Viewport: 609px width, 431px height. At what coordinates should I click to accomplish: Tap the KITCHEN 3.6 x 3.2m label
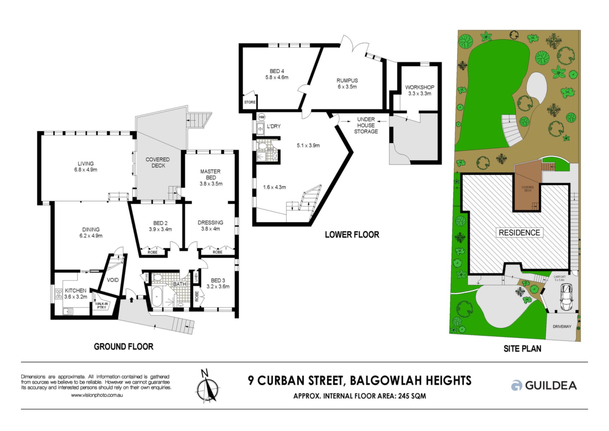[75, 293]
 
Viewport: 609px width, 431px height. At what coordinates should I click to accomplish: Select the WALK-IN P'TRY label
[101, 306]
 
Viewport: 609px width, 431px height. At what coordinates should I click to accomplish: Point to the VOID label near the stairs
[113, 280]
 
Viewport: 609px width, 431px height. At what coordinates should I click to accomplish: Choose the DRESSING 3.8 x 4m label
[210, 226]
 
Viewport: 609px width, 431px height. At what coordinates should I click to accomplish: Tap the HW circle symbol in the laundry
[262, 117]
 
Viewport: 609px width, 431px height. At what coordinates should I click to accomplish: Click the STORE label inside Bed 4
[250, 102]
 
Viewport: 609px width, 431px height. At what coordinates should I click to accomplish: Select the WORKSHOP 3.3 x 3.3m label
[420, 90]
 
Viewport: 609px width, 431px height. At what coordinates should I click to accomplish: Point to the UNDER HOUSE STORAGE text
[366, 125]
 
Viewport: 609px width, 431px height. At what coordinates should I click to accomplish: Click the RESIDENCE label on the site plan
[519, 233]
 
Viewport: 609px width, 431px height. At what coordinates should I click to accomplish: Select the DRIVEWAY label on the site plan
[562, 327]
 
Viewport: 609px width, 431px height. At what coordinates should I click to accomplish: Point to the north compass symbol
[207, 386]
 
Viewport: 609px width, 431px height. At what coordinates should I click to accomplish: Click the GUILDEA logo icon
[517, 385]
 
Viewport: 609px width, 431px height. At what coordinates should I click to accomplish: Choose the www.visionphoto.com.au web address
[97, 395]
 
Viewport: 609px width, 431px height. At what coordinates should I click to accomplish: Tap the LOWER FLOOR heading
[352, 235]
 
